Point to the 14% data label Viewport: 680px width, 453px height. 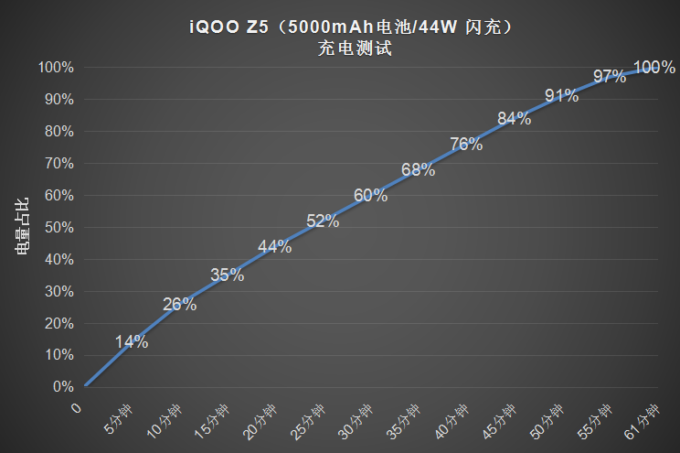132,342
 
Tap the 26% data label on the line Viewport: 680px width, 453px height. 180,305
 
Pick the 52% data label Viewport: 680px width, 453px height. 323,221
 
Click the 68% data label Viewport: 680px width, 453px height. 418,169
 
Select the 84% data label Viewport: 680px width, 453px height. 514,119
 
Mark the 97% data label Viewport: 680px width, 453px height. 610,77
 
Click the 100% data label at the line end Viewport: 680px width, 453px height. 654,67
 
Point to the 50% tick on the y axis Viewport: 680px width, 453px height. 57,227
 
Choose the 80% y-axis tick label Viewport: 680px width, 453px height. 57,131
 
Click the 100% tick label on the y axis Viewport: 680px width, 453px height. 54,67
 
